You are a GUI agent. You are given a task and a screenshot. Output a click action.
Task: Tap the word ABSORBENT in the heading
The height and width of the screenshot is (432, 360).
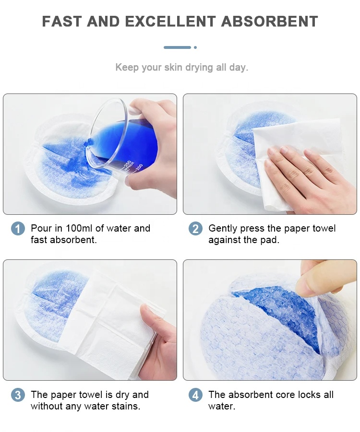pyautogui.click(x=269, y=22)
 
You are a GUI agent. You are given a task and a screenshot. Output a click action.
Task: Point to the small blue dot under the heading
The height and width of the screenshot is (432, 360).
pyautogui.click(x=195, y=47)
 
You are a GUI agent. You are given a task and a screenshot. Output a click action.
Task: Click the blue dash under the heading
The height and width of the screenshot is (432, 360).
pyautogui.click(x=177, y=47)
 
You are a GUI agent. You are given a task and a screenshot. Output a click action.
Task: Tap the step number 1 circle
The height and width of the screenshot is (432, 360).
pyautogui.click(x=18, y=229)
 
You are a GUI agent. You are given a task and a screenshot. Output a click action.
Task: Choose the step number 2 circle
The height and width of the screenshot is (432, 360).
pyautogui.click(x=195, y=229)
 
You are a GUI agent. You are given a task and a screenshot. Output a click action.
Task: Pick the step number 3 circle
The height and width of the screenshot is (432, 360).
pyautogui.click(x=18, y=395)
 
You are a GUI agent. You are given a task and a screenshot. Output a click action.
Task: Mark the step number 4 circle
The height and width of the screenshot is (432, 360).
pyautogui.click(x=195, y=395)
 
